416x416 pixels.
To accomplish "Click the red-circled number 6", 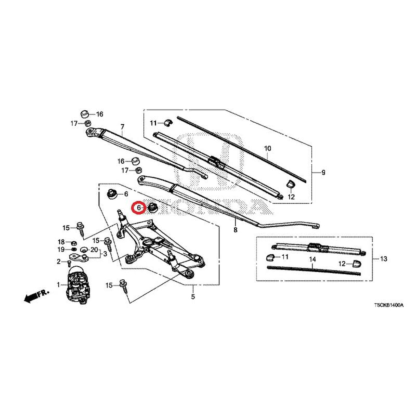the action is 138,207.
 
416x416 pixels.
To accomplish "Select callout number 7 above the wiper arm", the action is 122,127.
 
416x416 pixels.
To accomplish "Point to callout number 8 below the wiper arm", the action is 236,230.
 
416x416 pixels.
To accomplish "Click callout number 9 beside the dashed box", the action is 323,173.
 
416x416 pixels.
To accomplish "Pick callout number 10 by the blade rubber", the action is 268,149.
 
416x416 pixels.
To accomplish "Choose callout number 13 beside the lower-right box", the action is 384,258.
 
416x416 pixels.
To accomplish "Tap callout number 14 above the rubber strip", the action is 313,259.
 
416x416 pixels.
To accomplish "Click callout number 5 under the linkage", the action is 193,296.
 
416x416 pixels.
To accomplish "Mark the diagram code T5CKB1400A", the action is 388,305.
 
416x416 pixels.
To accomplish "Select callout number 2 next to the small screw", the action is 59,262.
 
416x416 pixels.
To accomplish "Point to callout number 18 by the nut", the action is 61,242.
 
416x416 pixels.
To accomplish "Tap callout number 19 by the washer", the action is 61,250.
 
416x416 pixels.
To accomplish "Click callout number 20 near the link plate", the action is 95,250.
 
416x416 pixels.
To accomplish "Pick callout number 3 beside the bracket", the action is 105,254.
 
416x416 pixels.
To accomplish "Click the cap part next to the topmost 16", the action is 85,114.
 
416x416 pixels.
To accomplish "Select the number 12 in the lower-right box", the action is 342,264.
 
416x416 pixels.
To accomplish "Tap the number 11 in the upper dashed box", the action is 153,123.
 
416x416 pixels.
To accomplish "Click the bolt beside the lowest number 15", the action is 123,286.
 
